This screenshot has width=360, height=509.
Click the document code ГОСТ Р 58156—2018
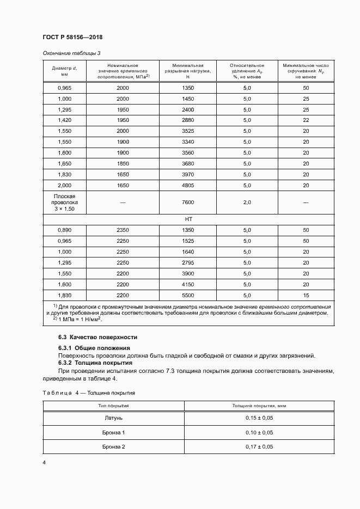coord(72,37)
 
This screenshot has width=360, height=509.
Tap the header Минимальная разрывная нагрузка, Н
coord(187,71)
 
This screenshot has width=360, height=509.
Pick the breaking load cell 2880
coord(187,120)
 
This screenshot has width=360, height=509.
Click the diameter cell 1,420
coord(64,120)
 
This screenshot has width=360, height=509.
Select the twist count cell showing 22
coord(306,120)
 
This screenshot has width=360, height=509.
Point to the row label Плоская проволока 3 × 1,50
coord(64,202)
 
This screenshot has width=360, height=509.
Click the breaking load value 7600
coord(187,202)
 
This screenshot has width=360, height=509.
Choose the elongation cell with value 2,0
coord(247,202)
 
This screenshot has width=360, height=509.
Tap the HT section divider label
coord(189,219)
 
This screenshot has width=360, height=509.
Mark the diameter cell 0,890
coord(64,230)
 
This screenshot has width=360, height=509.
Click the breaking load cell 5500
coord(187,295)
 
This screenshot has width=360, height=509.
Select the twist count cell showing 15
coord(306,295)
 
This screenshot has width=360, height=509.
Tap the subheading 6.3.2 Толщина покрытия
coord(95,363)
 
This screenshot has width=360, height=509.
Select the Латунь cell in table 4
coord(114,418)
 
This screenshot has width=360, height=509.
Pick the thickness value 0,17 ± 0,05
coord(259,446)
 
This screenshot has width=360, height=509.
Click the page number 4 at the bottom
coord(44,463)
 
